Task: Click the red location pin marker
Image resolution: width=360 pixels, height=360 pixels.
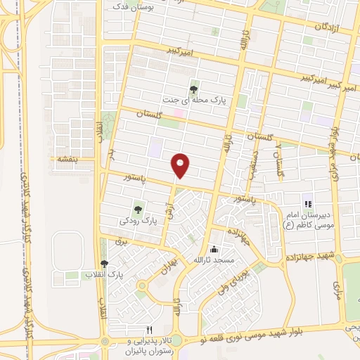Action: point(181,165)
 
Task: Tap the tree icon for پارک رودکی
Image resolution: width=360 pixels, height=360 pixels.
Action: point(139,209)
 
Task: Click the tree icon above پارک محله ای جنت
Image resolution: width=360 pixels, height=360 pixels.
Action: point(194,89)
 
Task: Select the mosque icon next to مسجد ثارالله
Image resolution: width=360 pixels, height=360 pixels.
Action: point(214,250)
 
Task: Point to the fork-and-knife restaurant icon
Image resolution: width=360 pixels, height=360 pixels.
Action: point(148,329)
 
